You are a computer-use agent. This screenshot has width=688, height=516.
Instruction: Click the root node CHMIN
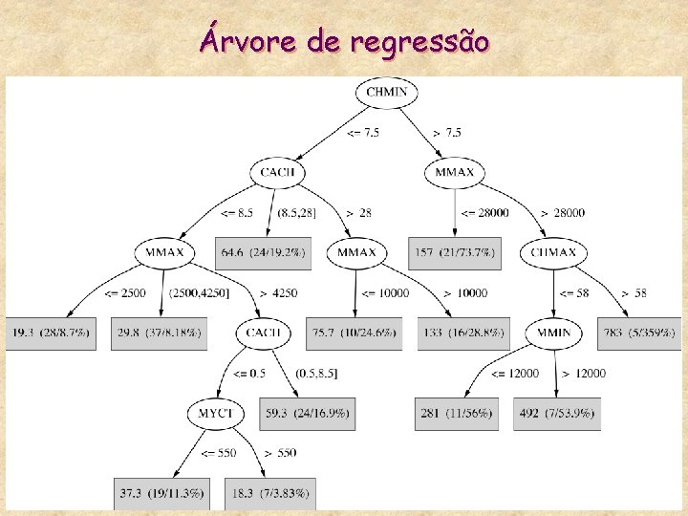(x=386, y=93)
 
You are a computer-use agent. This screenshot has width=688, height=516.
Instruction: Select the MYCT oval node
(x=216, y=414)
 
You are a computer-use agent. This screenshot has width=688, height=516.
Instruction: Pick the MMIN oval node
(x=554, y=333)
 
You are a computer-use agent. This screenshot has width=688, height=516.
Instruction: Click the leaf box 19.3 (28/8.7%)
(x=53, y=333)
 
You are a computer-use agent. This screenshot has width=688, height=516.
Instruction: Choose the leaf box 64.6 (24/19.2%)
(x=263, y=252)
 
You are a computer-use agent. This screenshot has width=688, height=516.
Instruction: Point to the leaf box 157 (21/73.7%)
(x=454, y=252)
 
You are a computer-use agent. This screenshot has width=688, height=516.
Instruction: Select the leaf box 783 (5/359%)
(x=637, y=333)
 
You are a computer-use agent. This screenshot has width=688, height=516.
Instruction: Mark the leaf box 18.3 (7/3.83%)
(x=272, y=493)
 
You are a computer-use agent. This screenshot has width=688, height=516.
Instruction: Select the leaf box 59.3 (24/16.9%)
(x=306, y=414)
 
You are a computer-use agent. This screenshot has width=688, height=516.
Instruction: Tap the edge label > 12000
(x=583, y=373)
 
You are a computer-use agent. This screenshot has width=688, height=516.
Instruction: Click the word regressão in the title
(x=421, y=43)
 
